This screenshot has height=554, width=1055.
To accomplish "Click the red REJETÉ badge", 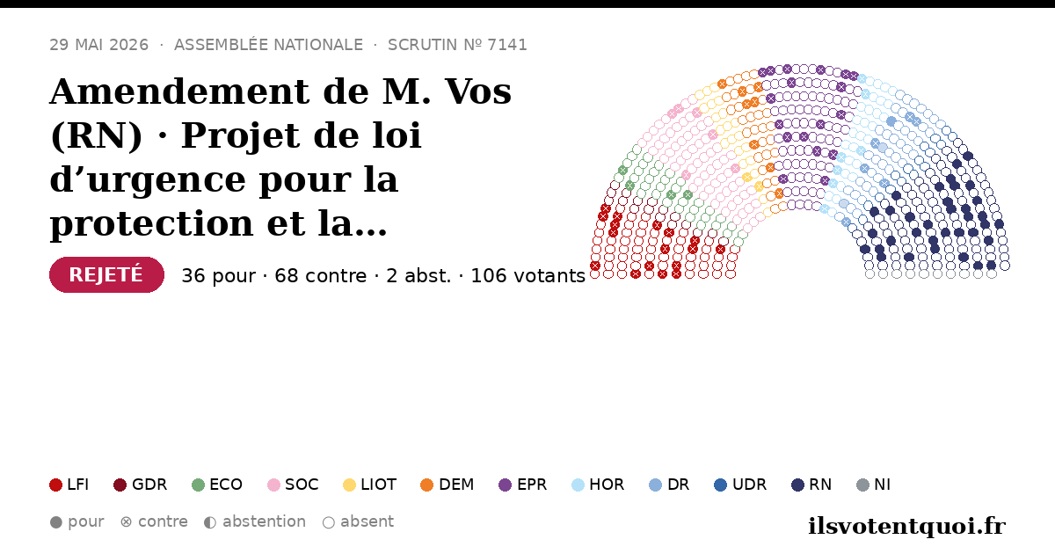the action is (x=106, y=274).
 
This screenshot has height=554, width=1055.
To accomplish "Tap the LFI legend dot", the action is (x=55, y=485).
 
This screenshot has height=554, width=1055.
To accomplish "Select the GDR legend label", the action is (x=149, y=485).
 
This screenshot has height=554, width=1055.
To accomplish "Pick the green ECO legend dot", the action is (x=199, y=485).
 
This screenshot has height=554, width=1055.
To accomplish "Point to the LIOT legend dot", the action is (x=349, y=485).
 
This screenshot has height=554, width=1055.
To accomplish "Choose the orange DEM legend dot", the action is (x=426, y=485).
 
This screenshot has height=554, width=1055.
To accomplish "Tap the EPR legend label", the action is (x=532, y=485).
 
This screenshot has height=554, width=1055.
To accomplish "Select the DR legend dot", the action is (x=655, y=485).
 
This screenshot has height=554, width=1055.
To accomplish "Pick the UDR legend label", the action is (x=749, y=485).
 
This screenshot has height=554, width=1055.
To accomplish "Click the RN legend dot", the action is (x=797, y=485).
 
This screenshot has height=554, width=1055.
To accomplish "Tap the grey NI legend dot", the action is (x=862, y=485).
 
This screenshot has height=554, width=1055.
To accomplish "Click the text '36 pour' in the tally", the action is (x=219, y=276).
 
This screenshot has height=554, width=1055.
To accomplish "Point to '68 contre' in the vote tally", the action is (x=320, y=276).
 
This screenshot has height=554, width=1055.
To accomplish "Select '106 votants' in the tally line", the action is (x=528, y=276).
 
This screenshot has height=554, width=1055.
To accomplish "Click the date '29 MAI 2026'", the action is (x=98, y=45).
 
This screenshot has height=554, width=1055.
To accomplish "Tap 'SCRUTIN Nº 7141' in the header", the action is (x=457, y=45).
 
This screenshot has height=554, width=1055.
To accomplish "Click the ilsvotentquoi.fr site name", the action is (x=906, y=526).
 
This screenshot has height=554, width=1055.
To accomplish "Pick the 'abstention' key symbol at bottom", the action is (x=210, y=522).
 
